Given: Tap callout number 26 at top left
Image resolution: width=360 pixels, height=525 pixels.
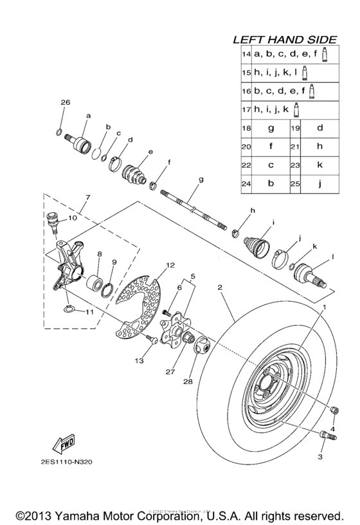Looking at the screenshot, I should (x=64, y=103).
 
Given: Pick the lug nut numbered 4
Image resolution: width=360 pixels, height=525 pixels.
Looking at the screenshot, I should (x=334, y=411).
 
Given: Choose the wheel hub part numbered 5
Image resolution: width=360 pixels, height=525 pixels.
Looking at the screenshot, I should (x=175, y=330).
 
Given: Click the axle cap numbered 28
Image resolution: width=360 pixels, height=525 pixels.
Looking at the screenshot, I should (x=203, y=347).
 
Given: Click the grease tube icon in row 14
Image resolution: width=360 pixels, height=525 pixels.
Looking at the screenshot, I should (x=325, y=55).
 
